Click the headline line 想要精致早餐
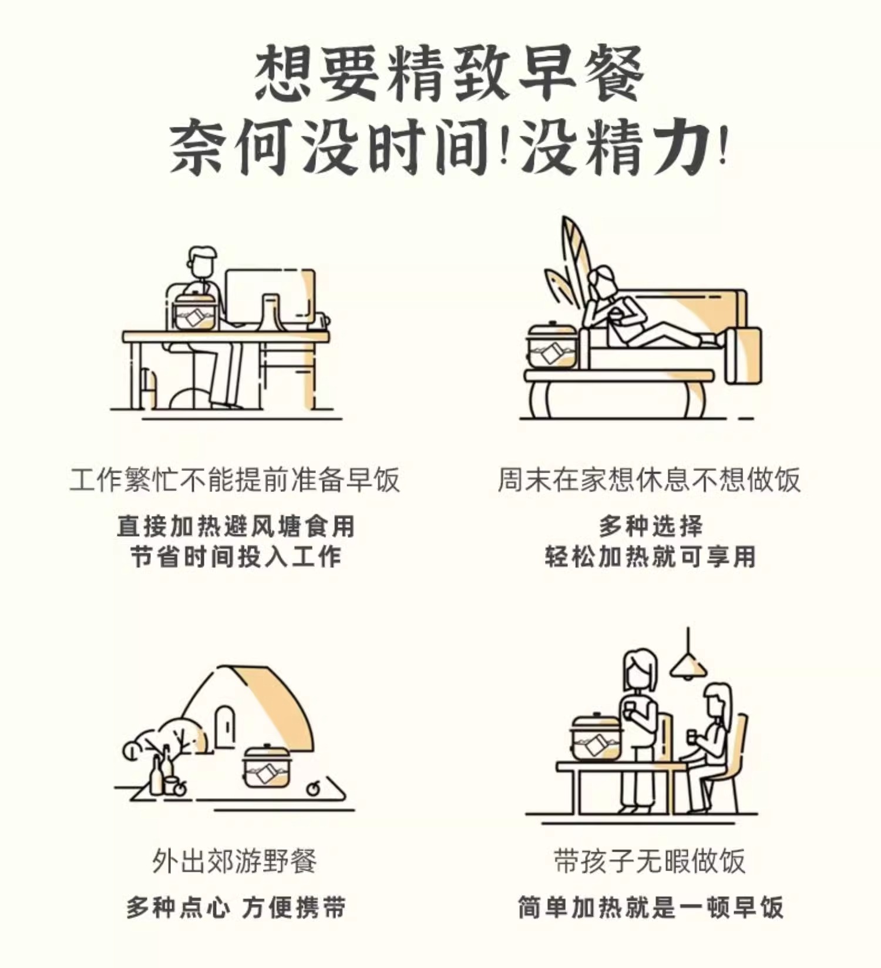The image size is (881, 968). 449,74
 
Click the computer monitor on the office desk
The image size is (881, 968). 270,297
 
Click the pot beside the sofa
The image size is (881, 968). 552,345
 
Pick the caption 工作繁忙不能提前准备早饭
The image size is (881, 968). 235,480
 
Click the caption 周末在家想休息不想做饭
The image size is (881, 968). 649,480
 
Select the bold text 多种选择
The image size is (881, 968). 651,525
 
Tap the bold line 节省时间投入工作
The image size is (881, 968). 236,557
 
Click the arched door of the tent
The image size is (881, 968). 225,726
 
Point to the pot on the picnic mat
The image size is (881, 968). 267,765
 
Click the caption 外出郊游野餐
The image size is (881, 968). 235,862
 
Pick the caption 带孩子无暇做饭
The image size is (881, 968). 650,862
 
